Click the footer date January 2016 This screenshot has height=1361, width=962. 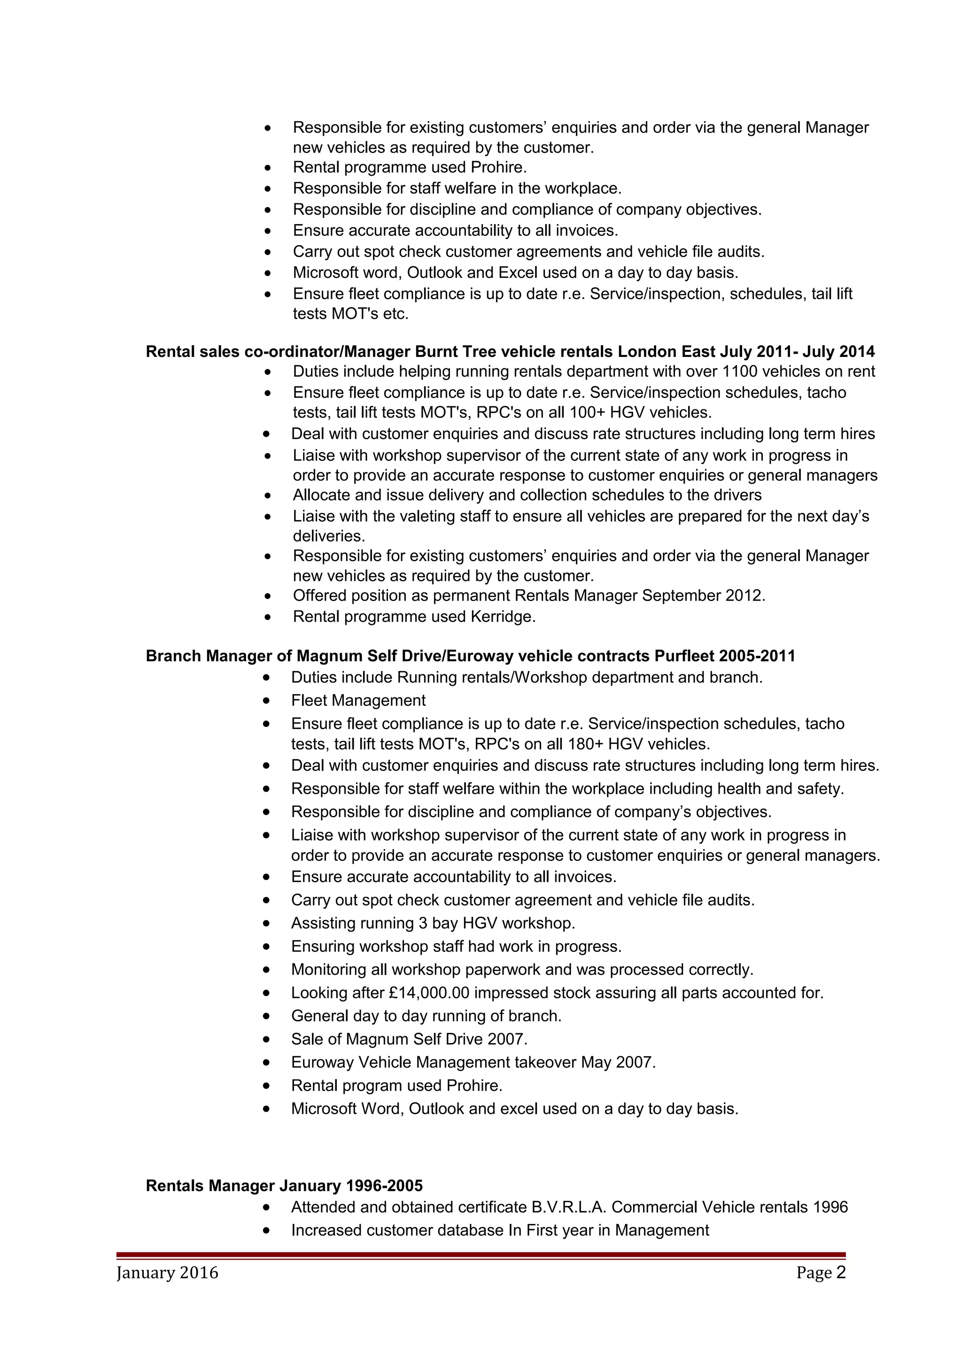(167, 1273)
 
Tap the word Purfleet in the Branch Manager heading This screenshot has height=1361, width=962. (684, 656)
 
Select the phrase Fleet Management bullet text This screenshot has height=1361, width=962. (358, 701)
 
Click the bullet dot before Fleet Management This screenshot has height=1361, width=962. (268, 701)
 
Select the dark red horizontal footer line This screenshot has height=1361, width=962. (481, 1255)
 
